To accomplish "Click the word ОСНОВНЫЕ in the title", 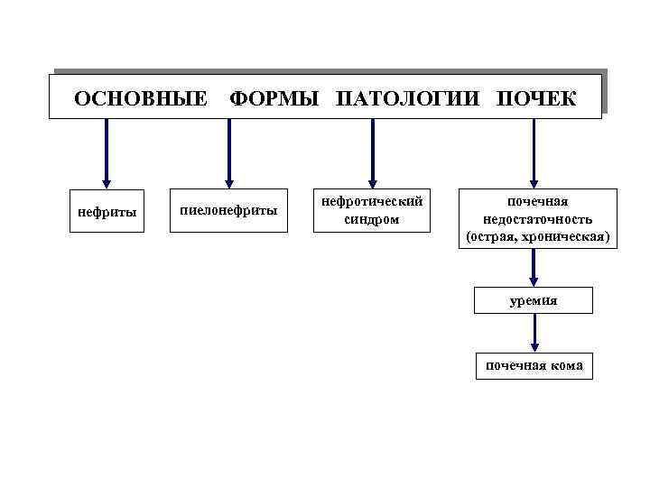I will point(140,97).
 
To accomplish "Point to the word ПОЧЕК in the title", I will point(535,97).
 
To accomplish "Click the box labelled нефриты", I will point(107,213).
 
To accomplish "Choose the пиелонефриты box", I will point(229,211).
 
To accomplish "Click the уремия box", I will point(534,300).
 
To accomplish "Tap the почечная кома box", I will point(534,365).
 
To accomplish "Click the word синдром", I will point(372,219).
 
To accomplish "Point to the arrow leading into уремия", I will point(534,268).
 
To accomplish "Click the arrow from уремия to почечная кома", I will point(534,333).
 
